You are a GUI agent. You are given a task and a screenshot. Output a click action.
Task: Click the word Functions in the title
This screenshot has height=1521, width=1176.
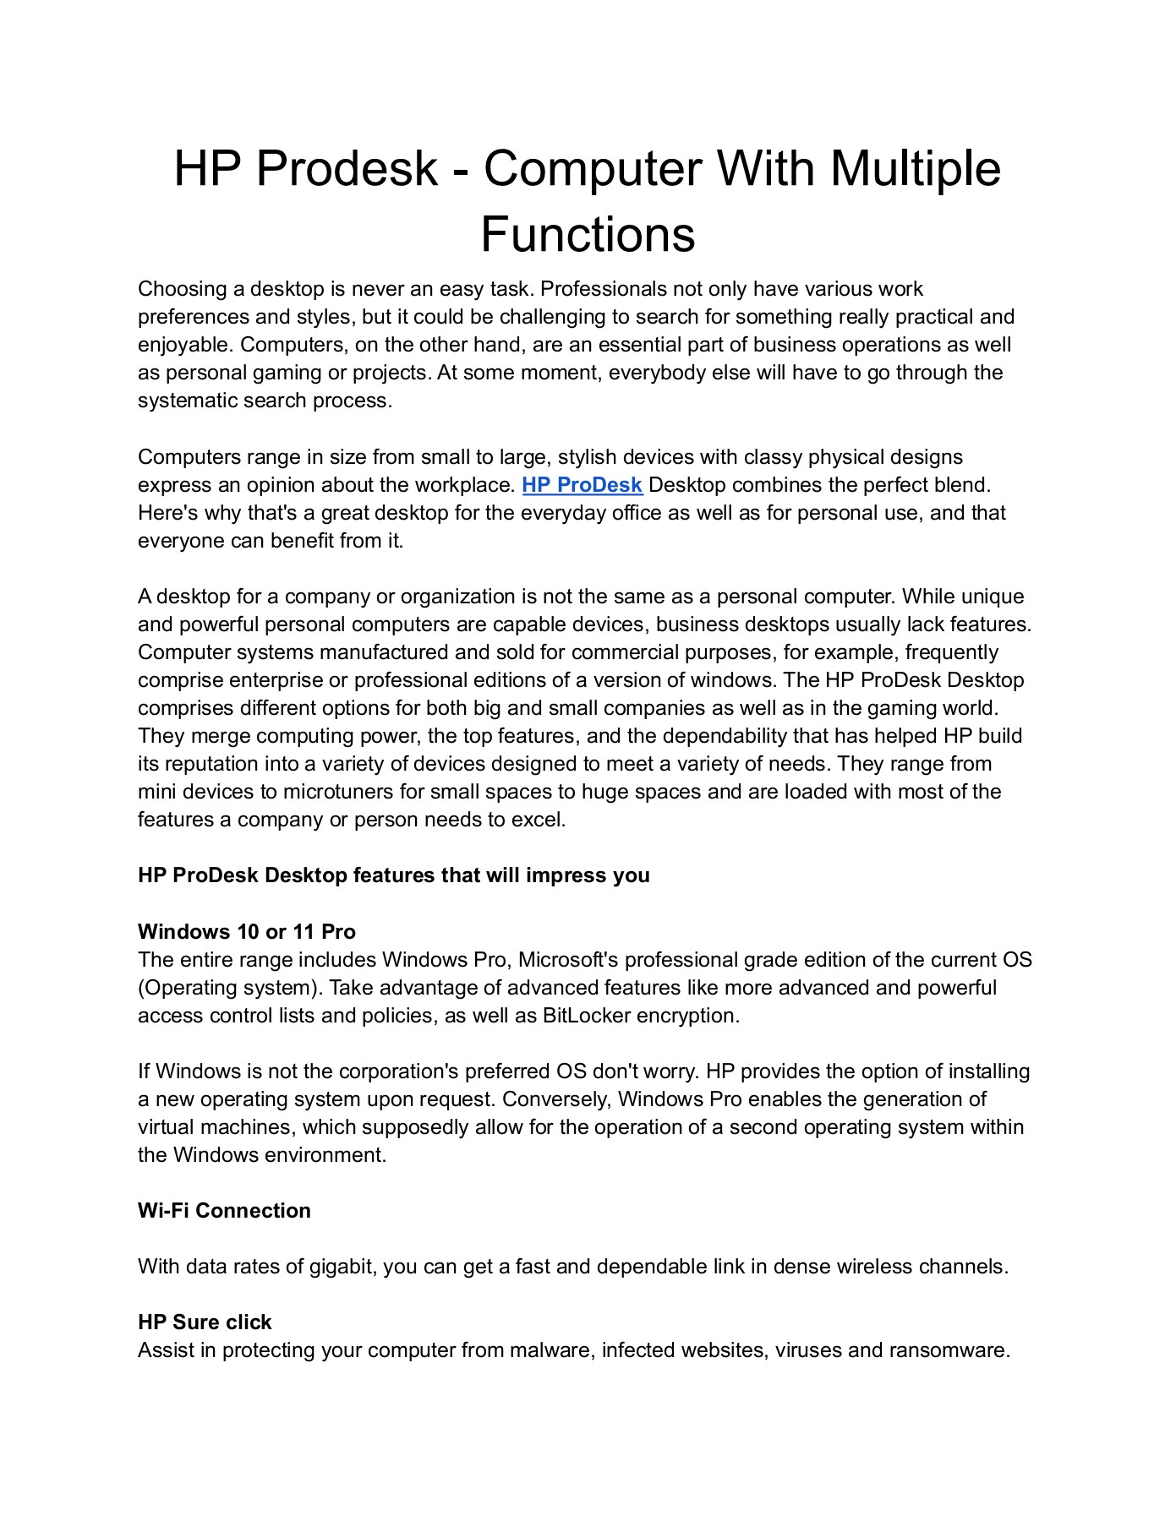[x=588, y=235]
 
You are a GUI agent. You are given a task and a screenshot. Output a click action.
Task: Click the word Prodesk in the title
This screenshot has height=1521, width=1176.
[x=347, y=168]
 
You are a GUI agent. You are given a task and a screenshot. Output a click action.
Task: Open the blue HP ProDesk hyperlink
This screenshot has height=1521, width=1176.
[x=582, y=485]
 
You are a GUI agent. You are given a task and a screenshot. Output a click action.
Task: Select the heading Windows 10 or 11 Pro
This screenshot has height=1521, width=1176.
[x=247, y=931]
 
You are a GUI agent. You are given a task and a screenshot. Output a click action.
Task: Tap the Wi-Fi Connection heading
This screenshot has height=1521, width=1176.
[x=224, y=1210]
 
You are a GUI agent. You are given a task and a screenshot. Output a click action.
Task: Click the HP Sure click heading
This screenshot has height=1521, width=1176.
[x=205, y=1322]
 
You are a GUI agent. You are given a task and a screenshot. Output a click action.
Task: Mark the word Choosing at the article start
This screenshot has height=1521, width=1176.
[x=183, y=289]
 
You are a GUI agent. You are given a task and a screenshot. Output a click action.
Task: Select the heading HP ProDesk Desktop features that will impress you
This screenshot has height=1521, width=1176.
[x=394, y=875]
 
